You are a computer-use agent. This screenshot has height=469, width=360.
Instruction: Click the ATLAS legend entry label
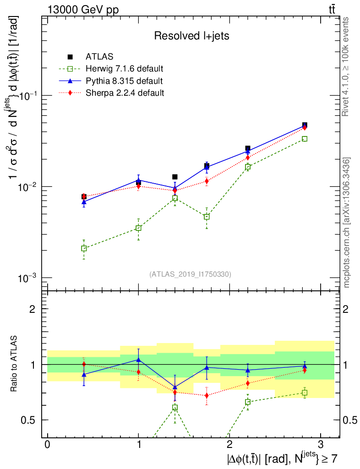click(x=96, y=57)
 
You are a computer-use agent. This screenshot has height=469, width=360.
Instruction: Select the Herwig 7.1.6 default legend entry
click(x=125, y=69)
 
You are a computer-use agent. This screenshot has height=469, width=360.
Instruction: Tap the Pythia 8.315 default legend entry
click(x=124, y=81)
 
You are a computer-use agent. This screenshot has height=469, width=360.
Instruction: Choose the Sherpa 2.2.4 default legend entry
click(x=125, y=93)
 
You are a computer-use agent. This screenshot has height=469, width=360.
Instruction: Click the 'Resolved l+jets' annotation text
click(x=191, y=36)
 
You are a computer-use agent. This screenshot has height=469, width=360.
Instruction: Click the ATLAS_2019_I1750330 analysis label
click(x=190, y=274)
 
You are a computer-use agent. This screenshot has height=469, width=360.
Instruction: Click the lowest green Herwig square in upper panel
click(x=84, y=248)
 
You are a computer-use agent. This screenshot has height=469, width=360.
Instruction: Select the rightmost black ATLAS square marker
click(x=305, y=125)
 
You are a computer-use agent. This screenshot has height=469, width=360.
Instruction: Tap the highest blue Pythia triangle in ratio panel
click(x=138, y=360)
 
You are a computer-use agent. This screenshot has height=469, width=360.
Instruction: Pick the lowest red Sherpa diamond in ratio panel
click(x=207, y=395)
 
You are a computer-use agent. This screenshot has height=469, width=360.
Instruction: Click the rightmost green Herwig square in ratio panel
click(x=305, y=393)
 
